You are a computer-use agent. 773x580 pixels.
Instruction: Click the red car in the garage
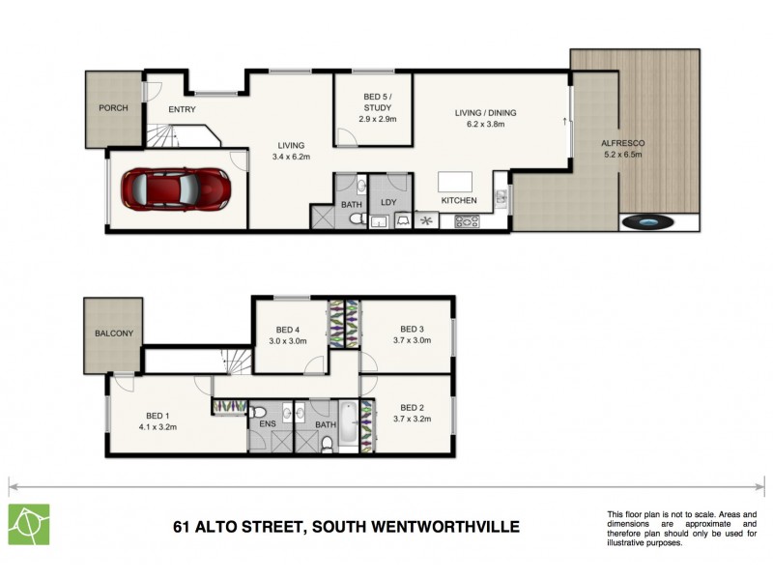tap(176, 187)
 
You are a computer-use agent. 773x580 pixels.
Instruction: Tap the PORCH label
tap(113, 107)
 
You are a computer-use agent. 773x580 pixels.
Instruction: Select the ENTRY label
tap(182, 109)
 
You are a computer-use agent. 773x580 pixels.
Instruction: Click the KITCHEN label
tap(459, 200)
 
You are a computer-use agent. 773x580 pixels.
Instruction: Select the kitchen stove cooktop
tap(467, 221)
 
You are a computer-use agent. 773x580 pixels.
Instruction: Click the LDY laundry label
tap(389, 203)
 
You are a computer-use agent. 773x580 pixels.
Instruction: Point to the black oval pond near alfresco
tap(646, 222)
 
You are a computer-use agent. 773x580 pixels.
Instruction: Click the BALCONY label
tap(113, 333)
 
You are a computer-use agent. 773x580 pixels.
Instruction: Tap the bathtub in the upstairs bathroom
tap(347, 428)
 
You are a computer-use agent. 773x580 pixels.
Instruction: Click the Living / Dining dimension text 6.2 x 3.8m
tap(485, 125)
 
